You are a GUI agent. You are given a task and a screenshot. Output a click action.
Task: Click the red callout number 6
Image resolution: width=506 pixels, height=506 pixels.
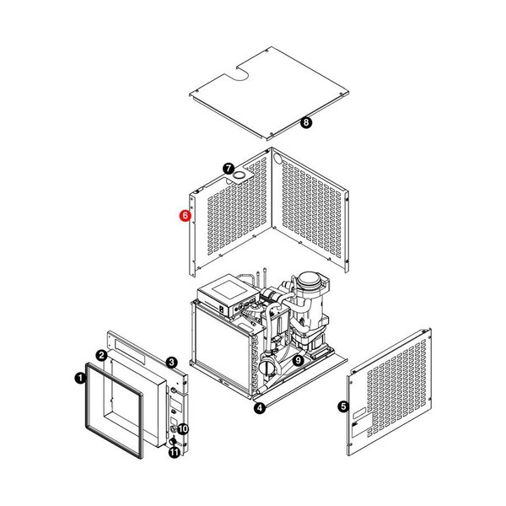(x=186, y=216)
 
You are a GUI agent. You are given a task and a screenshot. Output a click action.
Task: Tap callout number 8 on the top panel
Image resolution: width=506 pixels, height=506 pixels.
(x=306, y=122)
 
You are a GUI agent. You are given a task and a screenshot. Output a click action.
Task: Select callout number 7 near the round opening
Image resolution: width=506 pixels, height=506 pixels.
(x=229, y=169)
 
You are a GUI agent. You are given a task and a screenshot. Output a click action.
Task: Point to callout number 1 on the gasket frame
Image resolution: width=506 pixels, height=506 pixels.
(x=80, y=378)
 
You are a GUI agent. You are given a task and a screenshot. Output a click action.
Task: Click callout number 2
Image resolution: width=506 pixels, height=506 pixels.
(x=102, y=356)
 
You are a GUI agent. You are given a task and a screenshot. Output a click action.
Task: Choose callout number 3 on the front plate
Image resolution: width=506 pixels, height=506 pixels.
(x=171, y=363)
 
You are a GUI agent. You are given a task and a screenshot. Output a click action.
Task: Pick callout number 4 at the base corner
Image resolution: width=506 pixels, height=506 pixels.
(x=260, y=408)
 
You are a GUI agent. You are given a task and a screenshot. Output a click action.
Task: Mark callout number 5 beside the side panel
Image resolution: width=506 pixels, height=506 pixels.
(x=343, y=406)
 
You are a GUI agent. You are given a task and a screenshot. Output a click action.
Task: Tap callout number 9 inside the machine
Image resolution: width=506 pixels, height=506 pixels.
(x=298, y=360)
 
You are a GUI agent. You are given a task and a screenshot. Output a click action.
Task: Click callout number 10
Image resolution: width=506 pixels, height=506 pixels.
(x=183, y=429)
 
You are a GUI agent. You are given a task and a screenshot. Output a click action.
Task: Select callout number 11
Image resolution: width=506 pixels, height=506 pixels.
(x=175, y=452)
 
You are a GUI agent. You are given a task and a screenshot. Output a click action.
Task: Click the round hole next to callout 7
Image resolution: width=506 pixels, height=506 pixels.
(x=240, y=175)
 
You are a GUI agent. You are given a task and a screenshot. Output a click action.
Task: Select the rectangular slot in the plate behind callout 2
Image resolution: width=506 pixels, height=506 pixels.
(x=130, y=351)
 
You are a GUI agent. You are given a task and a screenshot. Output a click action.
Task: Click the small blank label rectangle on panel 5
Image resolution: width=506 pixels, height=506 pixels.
(x=359, y=413)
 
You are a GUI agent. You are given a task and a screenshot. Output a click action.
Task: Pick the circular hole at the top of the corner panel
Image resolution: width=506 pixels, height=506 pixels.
(x=277, y=158)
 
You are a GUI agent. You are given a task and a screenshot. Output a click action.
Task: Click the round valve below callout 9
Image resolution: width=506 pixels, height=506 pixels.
(x=267, y=368)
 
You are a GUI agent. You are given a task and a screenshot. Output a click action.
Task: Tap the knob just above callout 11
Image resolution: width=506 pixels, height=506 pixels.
(x=173, y=441)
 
